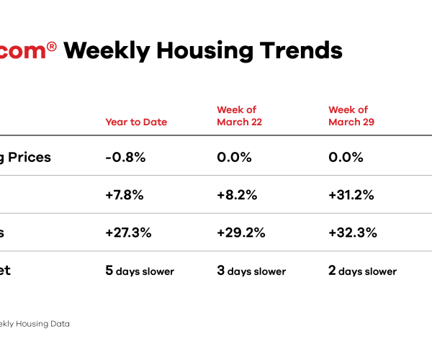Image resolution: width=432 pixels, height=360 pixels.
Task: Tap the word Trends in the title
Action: tap(297, 51)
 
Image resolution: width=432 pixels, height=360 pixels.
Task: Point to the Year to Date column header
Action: tap(136, 122)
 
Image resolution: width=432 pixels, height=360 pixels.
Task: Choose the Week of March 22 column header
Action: tap(239, 115)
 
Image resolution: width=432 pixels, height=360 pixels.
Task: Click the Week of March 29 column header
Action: tap(351, 115)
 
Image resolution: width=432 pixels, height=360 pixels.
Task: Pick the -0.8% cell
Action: tap(126, 157)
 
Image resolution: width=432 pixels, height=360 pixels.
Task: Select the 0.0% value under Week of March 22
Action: tap(233, 157)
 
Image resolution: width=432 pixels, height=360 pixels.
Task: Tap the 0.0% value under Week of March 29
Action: tap(345, 157)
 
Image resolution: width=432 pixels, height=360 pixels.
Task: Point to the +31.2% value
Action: tap(351, 194)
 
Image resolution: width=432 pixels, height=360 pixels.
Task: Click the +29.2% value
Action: tap(241, 233)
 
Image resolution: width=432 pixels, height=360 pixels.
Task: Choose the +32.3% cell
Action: tap(353, 233)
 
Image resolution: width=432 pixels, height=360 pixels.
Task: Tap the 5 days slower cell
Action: tap(140, 271)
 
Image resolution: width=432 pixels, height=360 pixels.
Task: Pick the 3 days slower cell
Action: tap(251, 271)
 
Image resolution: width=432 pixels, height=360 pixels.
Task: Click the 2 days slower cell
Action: tap(362, 271)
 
